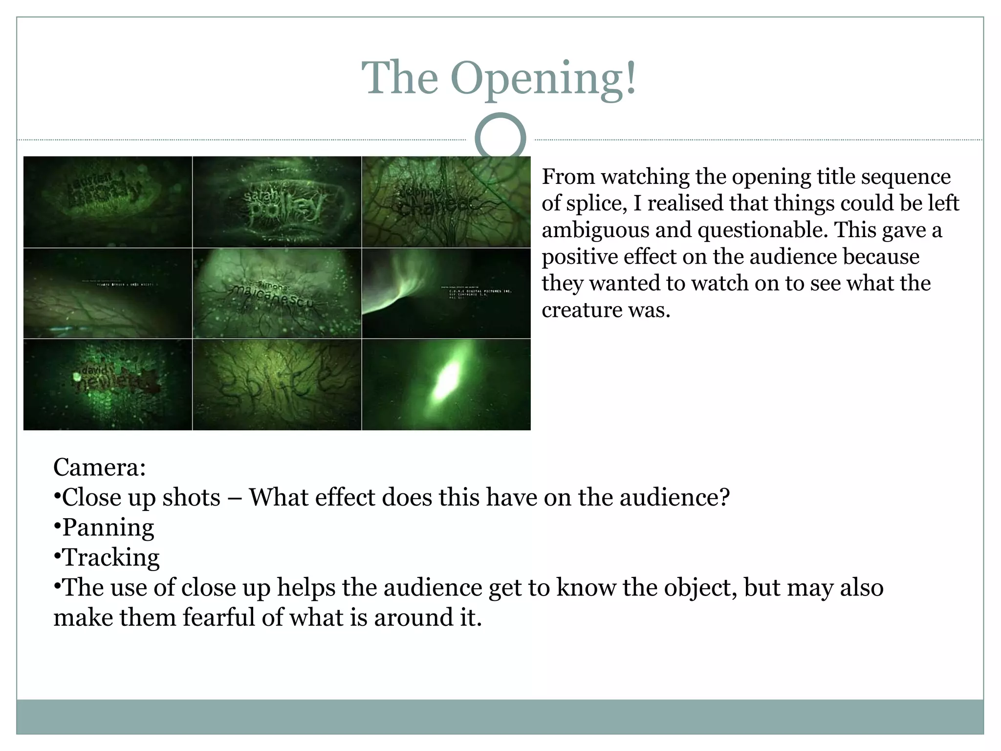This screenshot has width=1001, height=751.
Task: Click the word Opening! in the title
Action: (544, 78)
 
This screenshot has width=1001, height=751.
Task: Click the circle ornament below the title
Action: (500, 138)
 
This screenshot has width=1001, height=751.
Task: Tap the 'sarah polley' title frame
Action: (277, 201)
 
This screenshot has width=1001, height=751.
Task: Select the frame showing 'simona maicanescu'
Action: (277, 293)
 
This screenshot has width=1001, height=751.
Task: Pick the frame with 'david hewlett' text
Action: (108, 384)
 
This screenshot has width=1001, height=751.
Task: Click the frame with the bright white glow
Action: (446, 384)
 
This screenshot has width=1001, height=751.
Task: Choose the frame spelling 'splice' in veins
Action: (277, 384)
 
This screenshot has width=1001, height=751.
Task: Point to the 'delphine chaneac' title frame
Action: (446, 201)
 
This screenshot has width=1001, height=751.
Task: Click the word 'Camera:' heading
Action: (100, 467)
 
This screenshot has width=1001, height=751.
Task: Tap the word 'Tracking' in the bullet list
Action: (111, 558)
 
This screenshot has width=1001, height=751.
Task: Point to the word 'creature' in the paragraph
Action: (578, 310)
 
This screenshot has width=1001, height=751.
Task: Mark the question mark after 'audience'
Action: (724, 497)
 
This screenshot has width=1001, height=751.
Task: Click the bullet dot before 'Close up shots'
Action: (57, 497)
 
